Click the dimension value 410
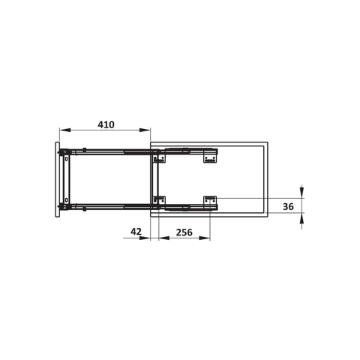pyautogui.click(x=105, y=125)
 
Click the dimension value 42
pyautogui.click(x=135, y=232)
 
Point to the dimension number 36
pyautogui.click(x=288, y=205)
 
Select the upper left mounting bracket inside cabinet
pyautogui.click(x=158, y=158)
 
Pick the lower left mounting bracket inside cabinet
pyautogui.click(x=158, y=200)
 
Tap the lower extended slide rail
pyautogui.click(x=112, y=205)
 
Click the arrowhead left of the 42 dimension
pyautogui.click(x=148, y=240)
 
